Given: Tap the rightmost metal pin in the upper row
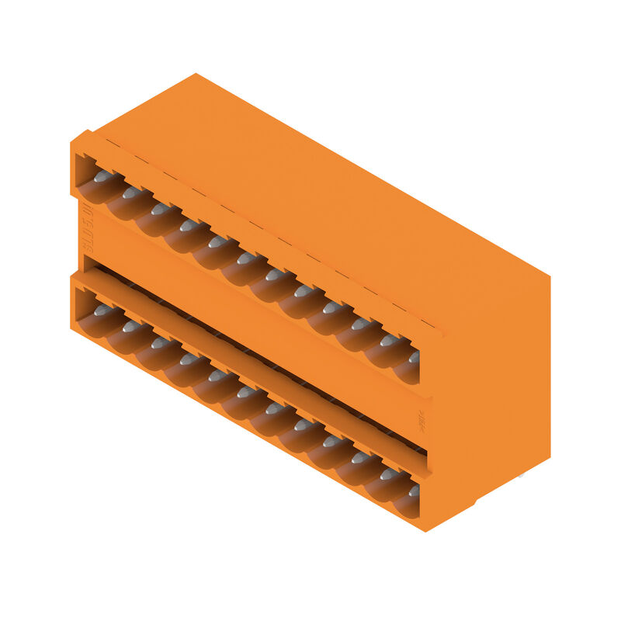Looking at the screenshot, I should (414, 356).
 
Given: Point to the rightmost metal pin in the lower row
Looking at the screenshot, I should (414, 491).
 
